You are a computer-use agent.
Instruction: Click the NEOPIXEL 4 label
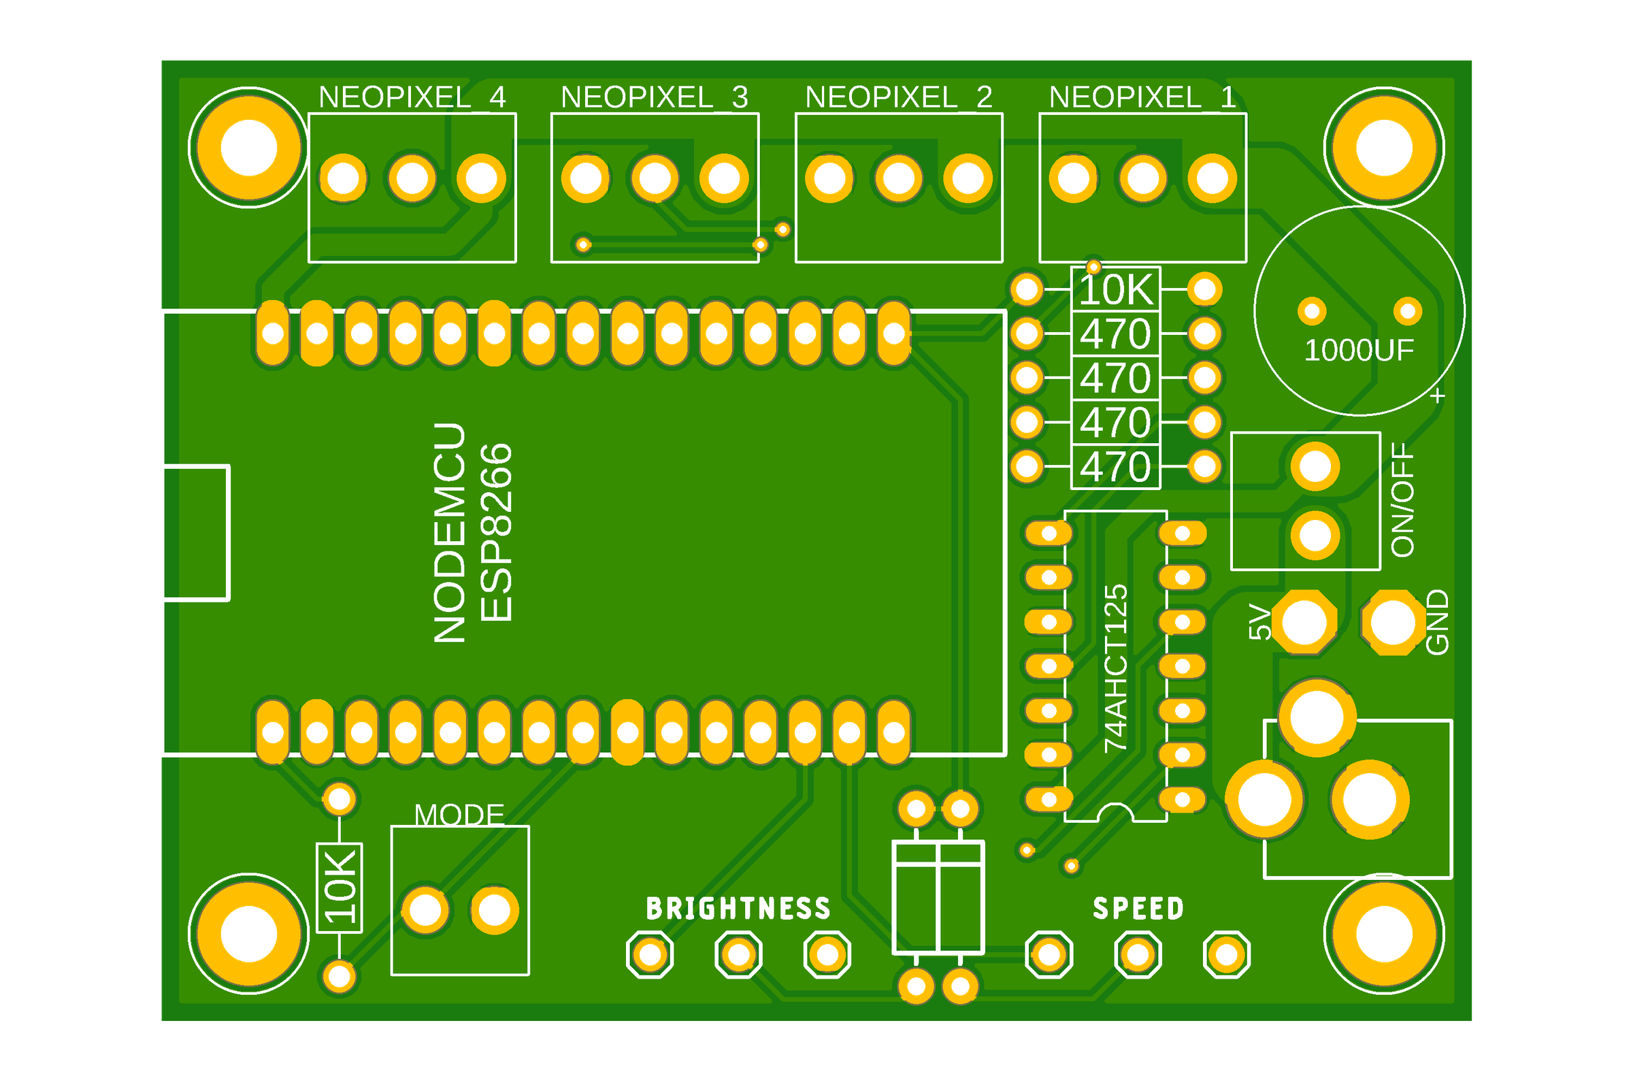click(x=412, y=97)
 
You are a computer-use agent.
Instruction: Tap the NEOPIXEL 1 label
click(x=1142, y=97)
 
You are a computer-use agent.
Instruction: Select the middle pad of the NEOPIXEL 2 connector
click(x=898, y=178)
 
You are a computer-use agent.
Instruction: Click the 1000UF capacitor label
click(x=1359, y=350)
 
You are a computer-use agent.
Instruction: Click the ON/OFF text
click(x=1402, y=500)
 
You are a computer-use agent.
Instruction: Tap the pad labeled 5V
click(x=1304, y=622)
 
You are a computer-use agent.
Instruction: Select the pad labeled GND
click(x=1393, y=622)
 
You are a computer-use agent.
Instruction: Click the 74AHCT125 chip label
click(x=1116, y=668)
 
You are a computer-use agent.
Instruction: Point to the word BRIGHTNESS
click(x=738, y=909)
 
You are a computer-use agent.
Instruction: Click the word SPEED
click(x=1138, y=909)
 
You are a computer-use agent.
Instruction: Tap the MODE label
click(x=459, y=815)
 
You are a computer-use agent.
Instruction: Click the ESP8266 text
click(x=497, y=533)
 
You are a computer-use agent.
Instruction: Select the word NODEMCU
click(x=449, y=533)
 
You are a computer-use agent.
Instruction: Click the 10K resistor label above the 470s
click(x=1116, y=290)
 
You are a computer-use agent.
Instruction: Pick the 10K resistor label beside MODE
click(x=340, y=888)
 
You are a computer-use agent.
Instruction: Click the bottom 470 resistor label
click(x=1116, y=467)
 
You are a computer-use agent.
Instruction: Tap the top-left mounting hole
click(x=248, y=147)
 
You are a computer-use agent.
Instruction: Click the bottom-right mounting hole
click(x=1384, y=934)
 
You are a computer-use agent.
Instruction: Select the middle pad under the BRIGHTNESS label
click(x=738, y=954)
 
